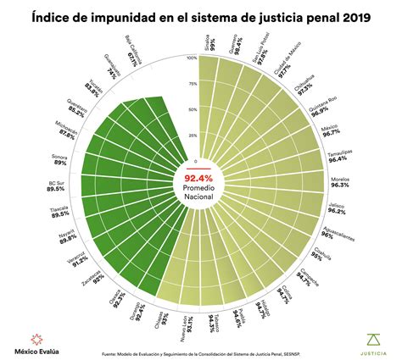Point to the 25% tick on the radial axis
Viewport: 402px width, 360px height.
(192, 136)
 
